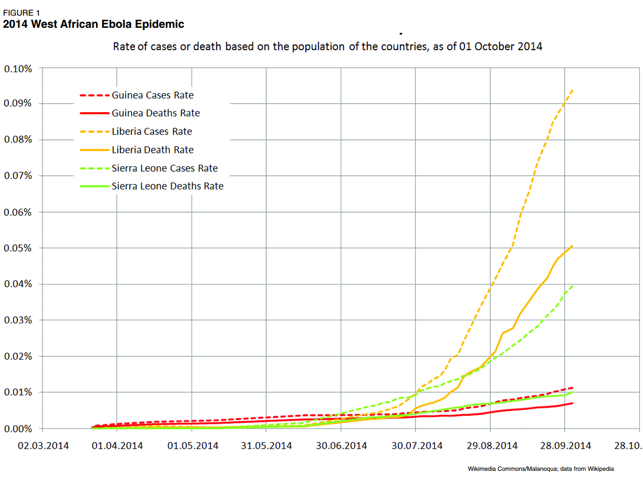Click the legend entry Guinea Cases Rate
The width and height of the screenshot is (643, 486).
coord(152,95)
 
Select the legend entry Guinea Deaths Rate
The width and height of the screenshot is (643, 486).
coord(155,113)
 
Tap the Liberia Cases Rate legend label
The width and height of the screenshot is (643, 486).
coord(152,131)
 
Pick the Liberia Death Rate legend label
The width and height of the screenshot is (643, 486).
coord(152,150)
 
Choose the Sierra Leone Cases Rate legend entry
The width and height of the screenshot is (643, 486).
coord(164,168)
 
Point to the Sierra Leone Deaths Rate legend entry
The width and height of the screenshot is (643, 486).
coord(167,186)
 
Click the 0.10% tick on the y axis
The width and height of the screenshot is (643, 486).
coord(18,69)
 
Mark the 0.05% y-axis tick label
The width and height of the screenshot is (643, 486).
coord(18,248)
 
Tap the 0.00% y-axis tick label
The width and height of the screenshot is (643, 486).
coord(18,429)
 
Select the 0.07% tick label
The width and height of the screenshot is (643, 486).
coord(18,176)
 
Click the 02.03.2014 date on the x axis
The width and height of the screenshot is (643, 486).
coord(43,446)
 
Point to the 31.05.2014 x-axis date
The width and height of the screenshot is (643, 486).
coord(266,446)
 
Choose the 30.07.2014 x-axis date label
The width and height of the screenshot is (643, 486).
coord(417,446)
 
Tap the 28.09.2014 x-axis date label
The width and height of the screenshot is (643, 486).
coord(566,446)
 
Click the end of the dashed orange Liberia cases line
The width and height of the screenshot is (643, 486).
coord(572,90)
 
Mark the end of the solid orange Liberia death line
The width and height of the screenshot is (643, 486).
coord(572,246)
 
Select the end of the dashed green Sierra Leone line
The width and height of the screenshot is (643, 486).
coord(572,286)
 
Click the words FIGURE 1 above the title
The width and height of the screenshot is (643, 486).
coord(22,13)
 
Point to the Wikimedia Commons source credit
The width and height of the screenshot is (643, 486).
coord(540,469)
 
